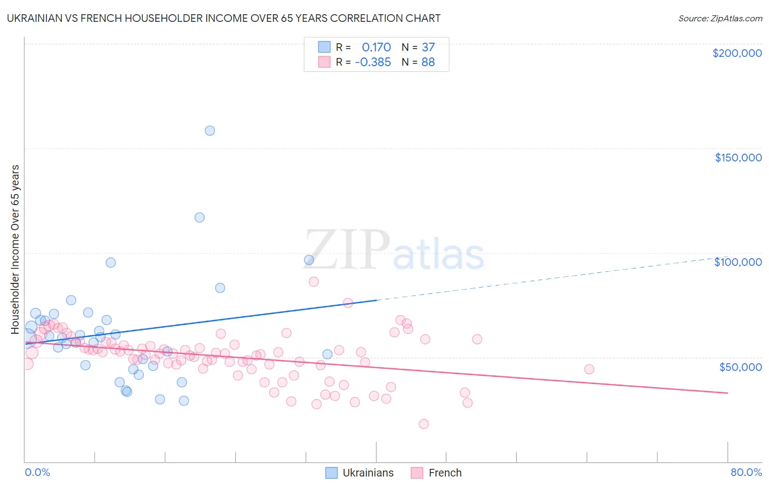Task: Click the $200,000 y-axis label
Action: point(737,53)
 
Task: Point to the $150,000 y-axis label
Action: point(738,158)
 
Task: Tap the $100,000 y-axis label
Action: point(738,262)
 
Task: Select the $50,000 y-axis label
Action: point(740,367)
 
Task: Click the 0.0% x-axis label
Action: point(37,472)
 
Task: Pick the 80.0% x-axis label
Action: point(746,472)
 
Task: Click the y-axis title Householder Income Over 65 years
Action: point(15,249)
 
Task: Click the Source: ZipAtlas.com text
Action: point(720,19)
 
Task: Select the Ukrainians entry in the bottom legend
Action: point(368,473)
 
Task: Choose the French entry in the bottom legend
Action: point(445,473)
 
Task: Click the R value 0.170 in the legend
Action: point(376,48)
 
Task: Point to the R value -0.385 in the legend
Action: point(373,62)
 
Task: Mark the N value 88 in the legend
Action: point(428,62)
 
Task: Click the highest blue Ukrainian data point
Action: point(209,131)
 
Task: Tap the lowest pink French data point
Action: point(423,424)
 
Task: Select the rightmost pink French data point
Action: point(589,369)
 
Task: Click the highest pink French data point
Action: point(313,282)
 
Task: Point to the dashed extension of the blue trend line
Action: point(547,278)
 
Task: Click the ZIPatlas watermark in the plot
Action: point(394,251)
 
